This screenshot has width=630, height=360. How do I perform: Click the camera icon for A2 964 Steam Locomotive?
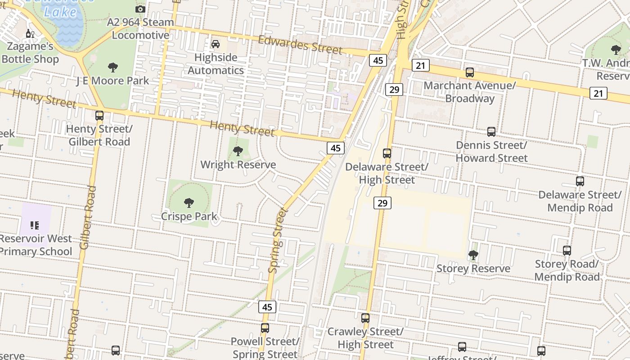(x=140, y=9)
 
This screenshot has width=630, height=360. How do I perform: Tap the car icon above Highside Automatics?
(x=216, y=44)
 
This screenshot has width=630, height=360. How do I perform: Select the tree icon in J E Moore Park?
(x=113, y=67)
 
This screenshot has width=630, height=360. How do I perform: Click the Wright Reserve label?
(x=238, y=165)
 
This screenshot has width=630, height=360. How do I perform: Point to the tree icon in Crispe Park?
(x=189, y=203)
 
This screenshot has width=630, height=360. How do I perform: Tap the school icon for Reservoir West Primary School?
(x=35, y=225)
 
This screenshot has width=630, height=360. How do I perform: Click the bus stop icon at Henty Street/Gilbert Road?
(x=99, y=116)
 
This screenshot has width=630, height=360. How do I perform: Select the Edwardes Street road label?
(x=300, y=45)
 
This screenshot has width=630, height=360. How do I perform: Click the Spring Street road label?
(x=277, y=240)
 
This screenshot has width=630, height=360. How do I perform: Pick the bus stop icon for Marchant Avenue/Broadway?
(x=470, y=72)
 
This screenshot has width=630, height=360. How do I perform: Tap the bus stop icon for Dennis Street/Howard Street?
(x=491, y=132)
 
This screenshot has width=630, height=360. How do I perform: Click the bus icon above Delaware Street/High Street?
(x=387, y=153)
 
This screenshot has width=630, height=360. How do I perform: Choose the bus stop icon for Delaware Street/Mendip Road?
(x=580, y=181)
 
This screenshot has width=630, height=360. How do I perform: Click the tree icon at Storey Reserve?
(x=473, y=255)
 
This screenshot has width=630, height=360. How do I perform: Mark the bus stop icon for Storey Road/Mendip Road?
(x=567, y=251)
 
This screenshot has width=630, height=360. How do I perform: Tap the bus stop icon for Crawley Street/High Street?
(x=365, y=318)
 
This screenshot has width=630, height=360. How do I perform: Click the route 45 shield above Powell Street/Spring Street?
(x=267, y=307)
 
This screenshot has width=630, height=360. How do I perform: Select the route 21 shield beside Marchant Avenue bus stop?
(x=420, y=66)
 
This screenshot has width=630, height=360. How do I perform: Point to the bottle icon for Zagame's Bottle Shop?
(x=30, y=33)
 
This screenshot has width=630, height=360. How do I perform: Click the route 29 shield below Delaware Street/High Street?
(x=382, y=203)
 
